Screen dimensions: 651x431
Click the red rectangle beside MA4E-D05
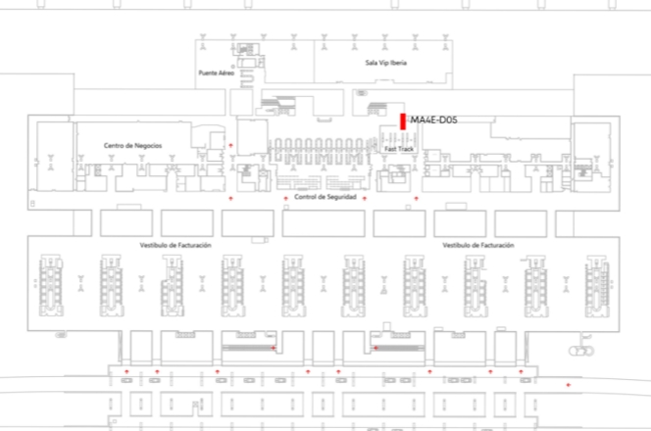click(403, 121)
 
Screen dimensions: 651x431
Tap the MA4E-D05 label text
click(434, 120)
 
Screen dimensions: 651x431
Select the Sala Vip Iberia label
click(385, 63)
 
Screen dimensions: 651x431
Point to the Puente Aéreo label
click(217, 73)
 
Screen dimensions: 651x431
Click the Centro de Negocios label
click(133, 146)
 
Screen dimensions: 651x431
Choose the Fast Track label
click(399, 149)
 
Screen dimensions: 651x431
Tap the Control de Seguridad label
click(325, 197)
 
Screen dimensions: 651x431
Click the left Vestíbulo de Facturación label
click(175, 245)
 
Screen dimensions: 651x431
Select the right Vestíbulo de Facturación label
click(478, 245)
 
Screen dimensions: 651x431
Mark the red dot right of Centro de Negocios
click(230, 145)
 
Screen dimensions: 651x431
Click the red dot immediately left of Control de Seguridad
click(285, 198)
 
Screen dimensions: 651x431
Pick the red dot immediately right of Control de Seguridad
click(365, 198)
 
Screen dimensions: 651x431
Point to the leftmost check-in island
click(51, 286)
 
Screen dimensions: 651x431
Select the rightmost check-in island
click(597, 286)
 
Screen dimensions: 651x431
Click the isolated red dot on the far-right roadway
click(569, 385)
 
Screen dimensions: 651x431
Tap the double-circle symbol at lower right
click(581, 352)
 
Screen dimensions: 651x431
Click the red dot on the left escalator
click(274, 348)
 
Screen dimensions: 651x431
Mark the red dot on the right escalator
click(376, 348)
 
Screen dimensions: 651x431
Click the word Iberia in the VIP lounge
click(398, 63)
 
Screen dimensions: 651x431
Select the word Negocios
click(147, 146)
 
